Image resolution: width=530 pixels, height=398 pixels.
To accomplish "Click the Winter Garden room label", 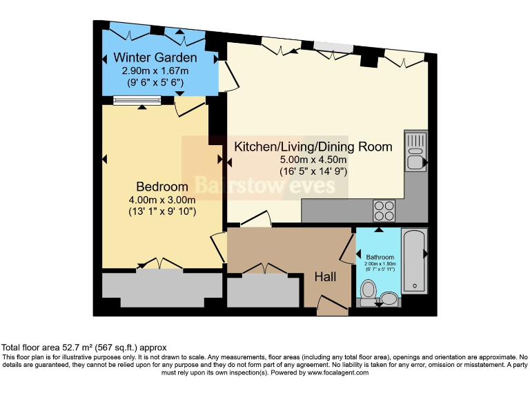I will [x=155, y=57].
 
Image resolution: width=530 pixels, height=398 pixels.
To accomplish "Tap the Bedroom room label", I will [x=162, y=187].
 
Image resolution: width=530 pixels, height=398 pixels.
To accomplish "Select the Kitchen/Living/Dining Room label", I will [x=313, y=146].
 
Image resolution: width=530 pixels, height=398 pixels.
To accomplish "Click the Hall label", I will [x=325, y=276].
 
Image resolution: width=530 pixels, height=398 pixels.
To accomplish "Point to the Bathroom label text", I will [x=380, y=257].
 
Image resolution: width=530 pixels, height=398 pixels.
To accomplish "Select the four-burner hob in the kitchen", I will [x=384, y=209].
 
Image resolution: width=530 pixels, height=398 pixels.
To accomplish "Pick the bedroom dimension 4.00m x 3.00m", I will [x=162, y=200].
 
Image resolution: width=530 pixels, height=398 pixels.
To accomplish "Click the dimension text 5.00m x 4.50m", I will [x=313, y=159].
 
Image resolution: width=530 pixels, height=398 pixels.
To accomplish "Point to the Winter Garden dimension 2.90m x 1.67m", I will [x=155, y=70].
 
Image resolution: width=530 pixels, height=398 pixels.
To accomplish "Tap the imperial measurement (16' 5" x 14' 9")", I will [x=313, y=171].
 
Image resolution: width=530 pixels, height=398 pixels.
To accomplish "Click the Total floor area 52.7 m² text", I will [x=84, y=348].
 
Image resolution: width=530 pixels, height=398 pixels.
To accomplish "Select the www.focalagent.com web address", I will [x=334, y=372].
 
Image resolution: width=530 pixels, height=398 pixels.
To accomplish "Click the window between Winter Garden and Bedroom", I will [x=137, y=101].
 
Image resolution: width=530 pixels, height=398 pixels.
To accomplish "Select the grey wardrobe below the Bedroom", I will [x=162, y=289].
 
